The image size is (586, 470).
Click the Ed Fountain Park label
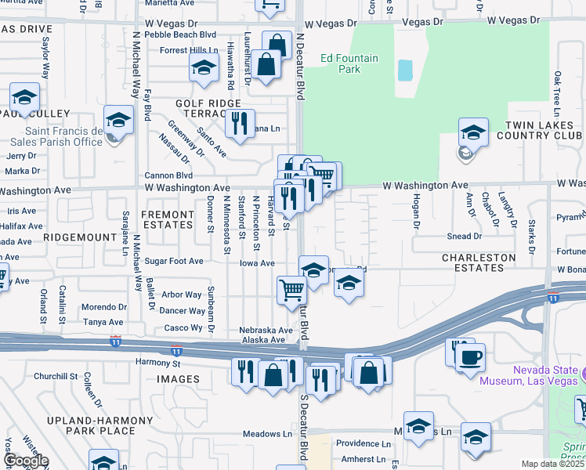click(339, 63)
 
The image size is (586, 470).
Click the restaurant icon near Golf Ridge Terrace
click(240, 123)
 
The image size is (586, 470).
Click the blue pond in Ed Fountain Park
click(405, 70)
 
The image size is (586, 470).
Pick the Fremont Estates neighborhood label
click(166, 219)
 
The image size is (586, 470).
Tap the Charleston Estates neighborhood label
click(479, 262)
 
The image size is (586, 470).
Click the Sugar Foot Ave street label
click(173, 261)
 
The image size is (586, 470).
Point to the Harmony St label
click(158, 363)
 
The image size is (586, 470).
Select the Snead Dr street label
click(465, 236)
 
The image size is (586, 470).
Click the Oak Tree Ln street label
click(557, 89)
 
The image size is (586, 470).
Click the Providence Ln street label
click(363, 443)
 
